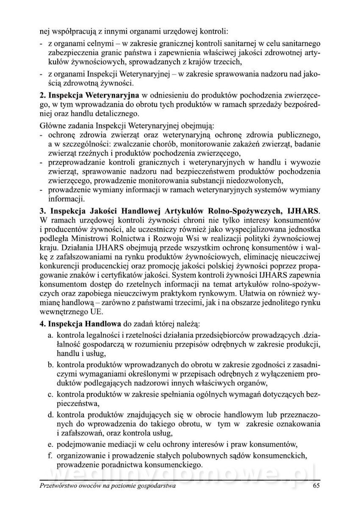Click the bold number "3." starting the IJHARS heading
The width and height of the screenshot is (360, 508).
click(x=42, y=210)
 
